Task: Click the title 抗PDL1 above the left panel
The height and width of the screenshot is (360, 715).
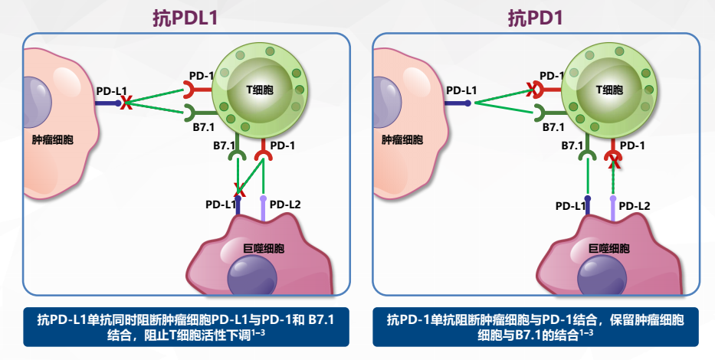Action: (185, 18)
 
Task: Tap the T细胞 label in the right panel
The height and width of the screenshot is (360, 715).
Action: (609, 90)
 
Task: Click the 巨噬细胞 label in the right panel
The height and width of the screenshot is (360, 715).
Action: (609, 249)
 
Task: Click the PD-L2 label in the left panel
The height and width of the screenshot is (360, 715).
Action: (284, 205)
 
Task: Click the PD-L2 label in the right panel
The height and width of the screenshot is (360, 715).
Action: (635, 205)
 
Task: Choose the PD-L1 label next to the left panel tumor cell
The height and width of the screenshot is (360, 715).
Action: (111, 90)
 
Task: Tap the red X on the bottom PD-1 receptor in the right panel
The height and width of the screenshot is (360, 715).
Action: (613, 159)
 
